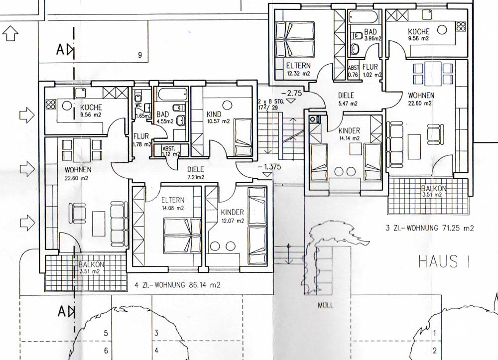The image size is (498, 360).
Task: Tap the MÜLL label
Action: [326, 305]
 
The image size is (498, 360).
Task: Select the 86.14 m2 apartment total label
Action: [177, 285]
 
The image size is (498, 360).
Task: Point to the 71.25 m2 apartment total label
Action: [429, 228]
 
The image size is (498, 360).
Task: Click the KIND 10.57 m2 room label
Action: [218, 117]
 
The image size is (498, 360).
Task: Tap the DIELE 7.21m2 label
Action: [195, 173]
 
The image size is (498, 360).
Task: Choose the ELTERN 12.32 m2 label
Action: [298, 70]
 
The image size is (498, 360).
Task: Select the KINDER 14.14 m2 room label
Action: [349, 134]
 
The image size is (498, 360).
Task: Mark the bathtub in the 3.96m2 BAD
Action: [363, 16]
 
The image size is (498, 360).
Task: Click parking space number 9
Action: [140, 55]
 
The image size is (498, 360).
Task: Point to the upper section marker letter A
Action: [60, 49]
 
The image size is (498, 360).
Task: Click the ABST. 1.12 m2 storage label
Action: [171, 151]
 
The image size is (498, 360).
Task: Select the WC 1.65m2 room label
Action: [142, 111]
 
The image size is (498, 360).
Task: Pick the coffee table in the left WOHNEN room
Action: [99, 224]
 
